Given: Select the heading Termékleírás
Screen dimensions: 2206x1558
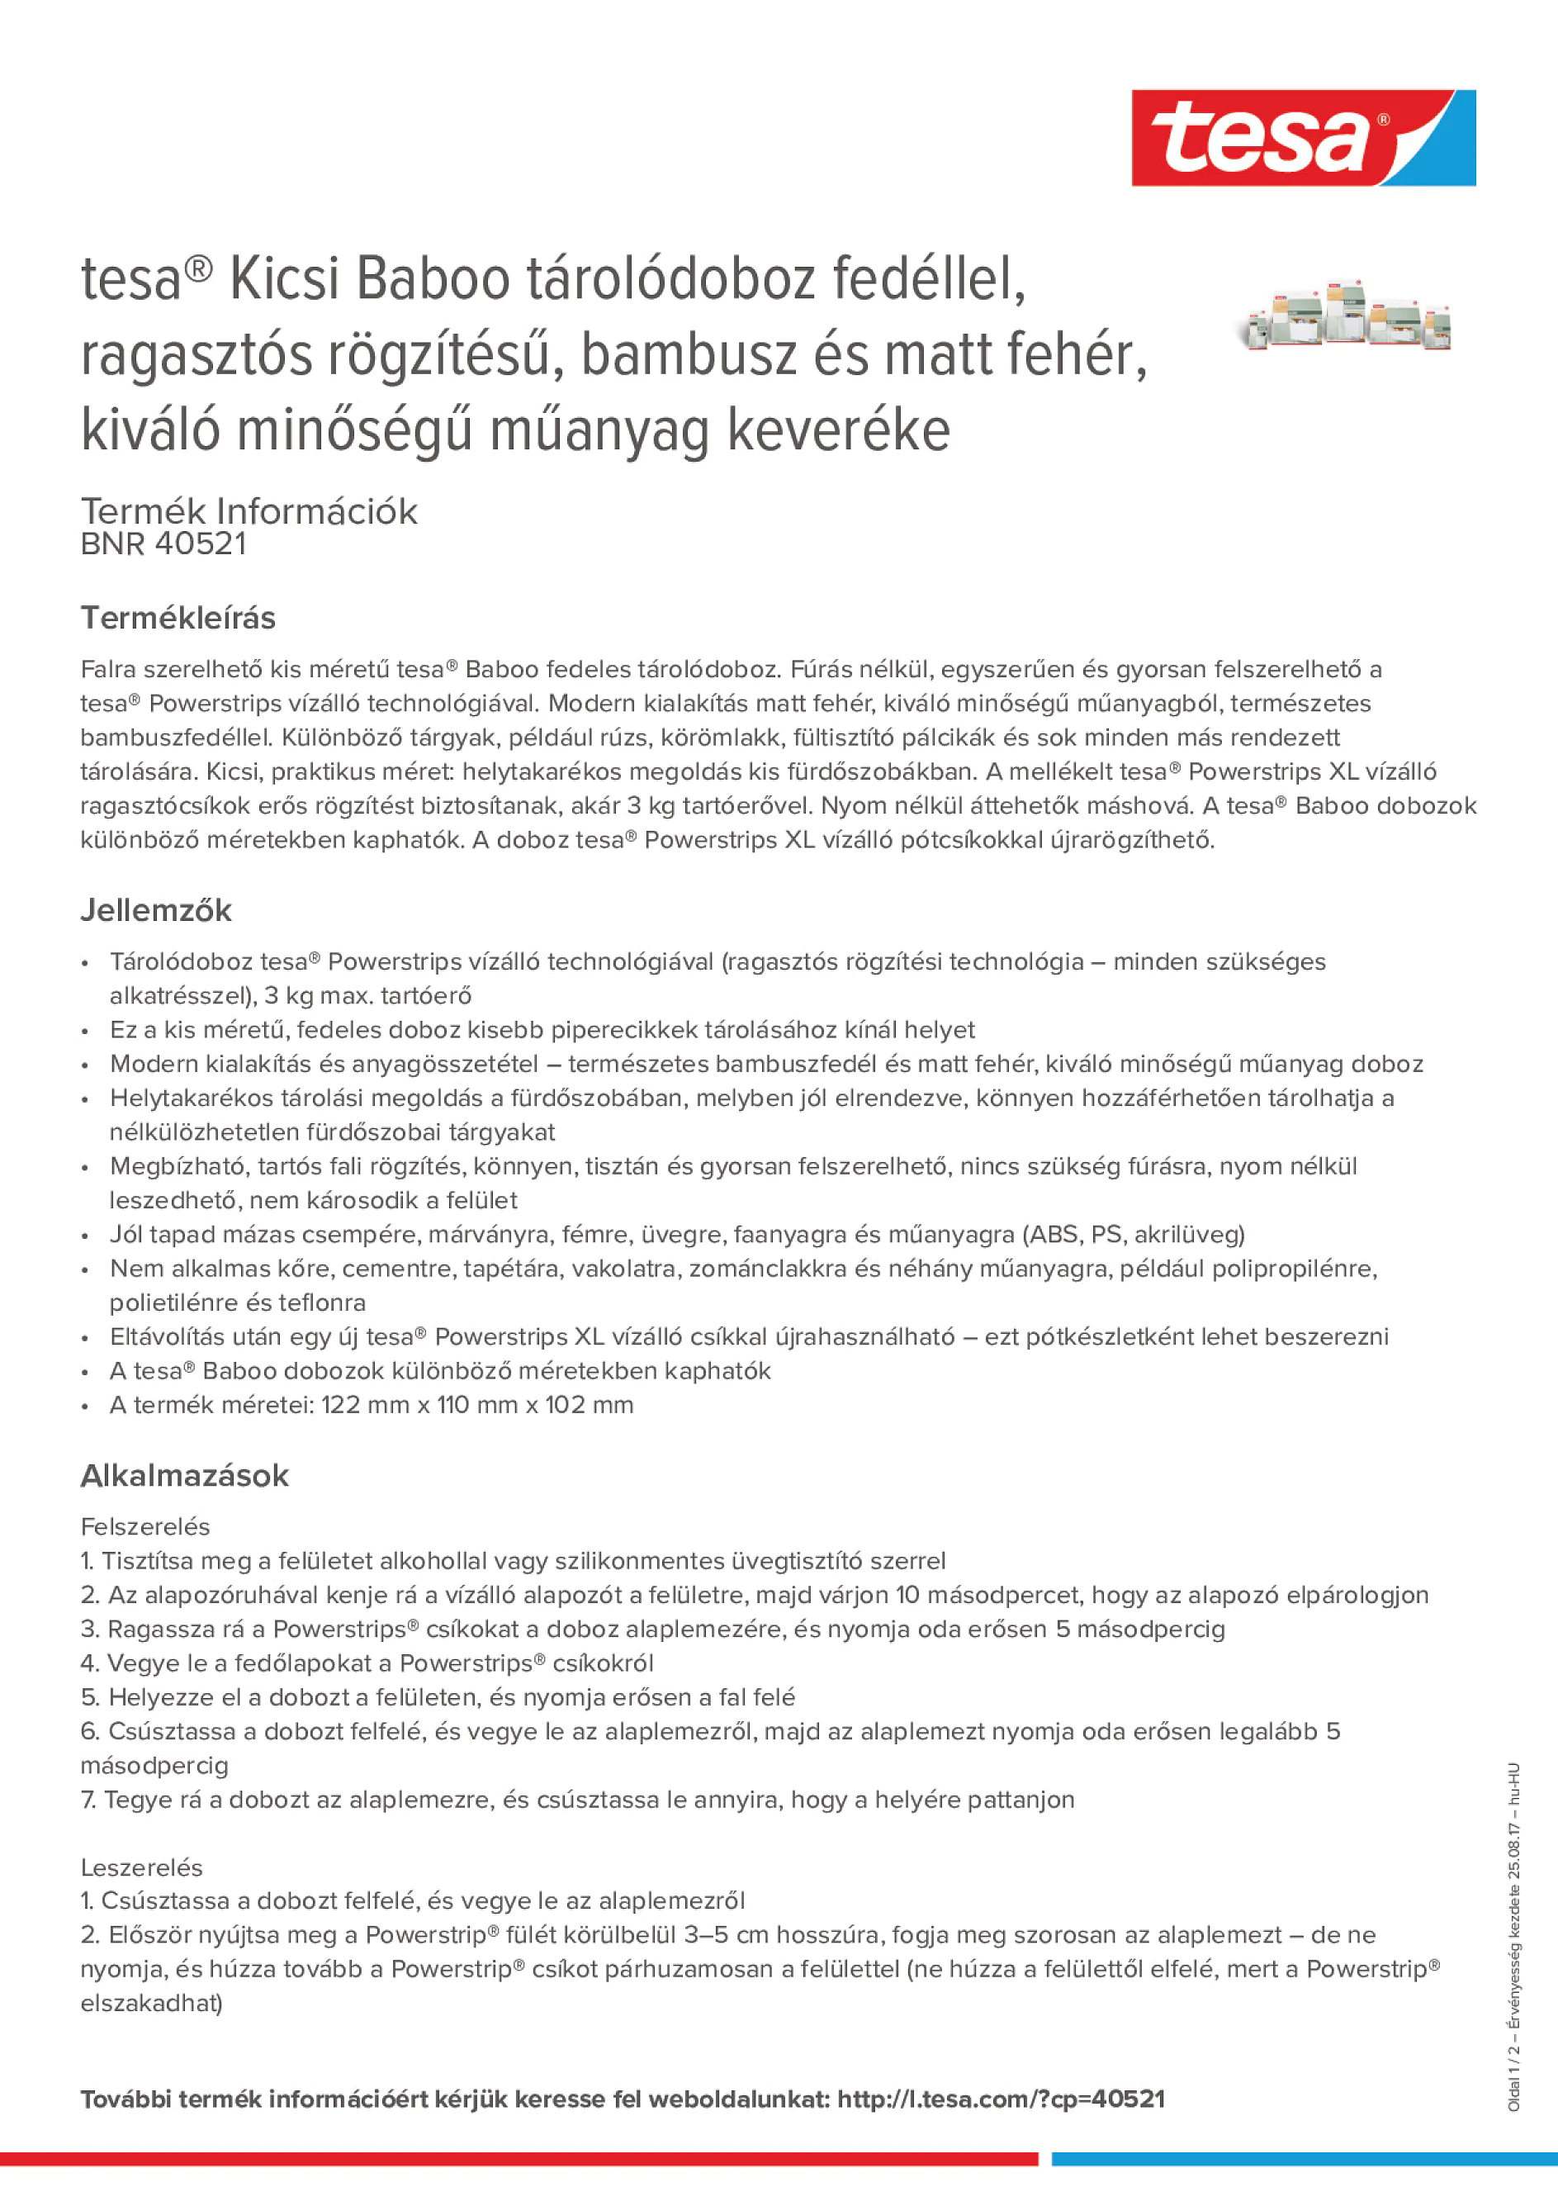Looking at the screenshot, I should (178, 618).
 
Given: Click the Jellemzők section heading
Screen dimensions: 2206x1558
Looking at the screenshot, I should (155, 910).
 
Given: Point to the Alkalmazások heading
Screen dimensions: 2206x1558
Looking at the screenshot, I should (184, 1475).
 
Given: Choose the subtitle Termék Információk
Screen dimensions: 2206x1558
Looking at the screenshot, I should (249, 511).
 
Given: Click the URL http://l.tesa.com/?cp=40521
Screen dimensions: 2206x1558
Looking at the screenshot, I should (1001, 2099).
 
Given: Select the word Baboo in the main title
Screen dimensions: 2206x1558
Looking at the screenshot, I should (433, 280).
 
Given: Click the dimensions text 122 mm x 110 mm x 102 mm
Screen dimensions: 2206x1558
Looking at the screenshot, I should (476, 1405).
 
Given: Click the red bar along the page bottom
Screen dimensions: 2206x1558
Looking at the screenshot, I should (519, 2159).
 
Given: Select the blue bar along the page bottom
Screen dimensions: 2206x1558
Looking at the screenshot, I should (1305, 2159).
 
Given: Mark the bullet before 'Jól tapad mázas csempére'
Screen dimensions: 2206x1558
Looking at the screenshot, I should (86, 1235).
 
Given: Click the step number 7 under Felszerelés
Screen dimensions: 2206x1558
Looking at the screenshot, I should (88, 1799).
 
